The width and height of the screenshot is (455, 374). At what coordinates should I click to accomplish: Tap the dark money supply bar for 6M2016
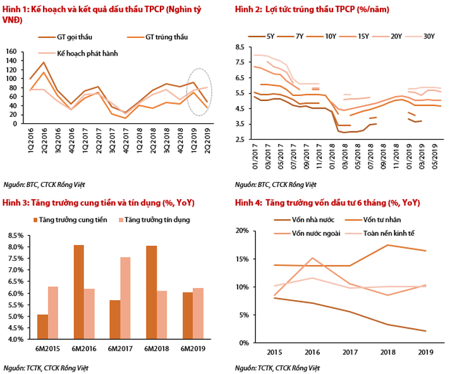click(x=79, y=292)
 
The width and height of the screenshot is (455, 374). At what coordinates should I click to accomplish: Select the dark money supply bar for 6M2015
click(x=42, y=327)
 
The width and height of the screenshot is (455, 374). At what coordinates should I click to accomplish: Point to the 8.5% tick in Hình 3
click(x=15, y=235)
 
